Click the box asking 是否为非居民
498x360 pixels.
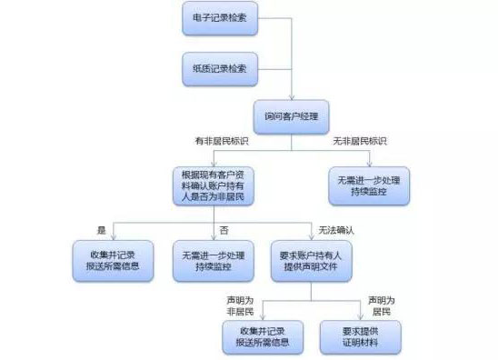(214, 185)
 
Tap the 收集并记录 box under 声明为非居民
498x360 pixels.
(264, 336)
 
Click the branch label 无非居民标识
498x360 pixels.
(361, 142)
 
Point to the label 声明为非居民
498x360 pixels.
(238, 304)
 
